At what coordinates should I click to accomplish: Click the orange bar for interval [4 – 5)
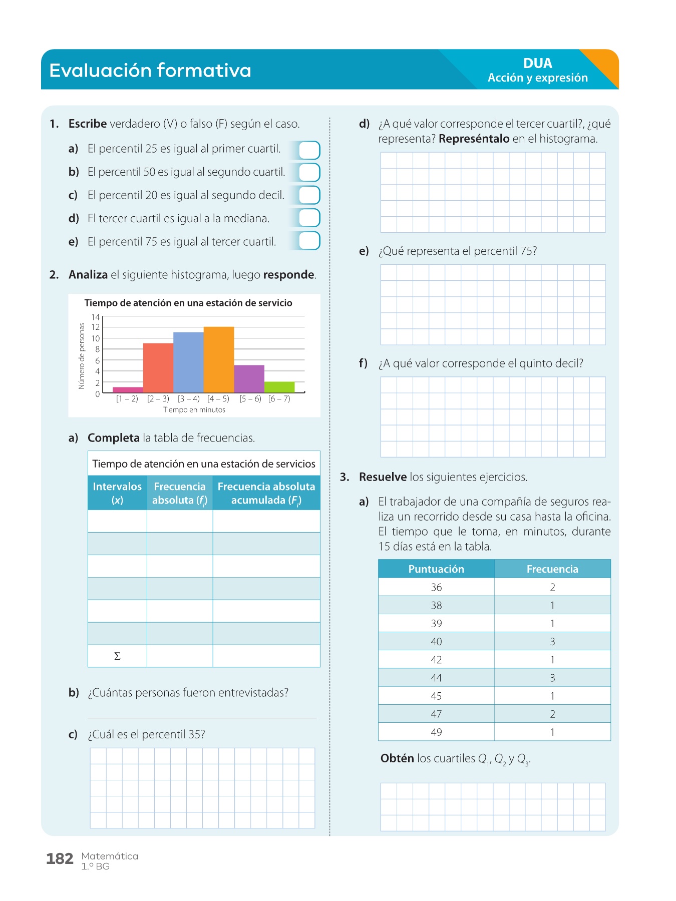(219, 359)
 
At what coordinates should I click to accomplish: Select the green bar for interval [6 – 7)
(279, 387)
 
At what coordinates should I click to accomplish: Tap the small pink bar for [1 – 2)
(128, 389)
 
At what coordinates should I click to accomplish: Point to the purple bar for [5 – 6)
(249, 379)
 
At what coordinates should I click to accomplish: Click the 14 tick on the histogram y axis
(95, 317)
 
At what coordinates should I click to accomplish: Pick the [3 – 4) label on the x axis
(188, 399)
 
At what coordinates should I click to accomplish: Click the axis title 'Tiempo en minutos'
(194, 410)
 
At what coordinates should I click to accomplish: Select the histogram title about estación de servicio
(188, 303)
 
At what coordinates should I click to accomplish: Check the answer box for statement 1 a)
(309, 150)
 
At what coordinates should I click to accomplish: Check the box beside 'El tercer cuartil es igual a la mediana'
(309, 218)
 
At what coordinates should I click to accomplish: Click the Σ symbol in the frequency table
(117, 656)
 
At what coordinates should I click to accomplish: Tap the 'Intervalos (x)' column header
(117, 493)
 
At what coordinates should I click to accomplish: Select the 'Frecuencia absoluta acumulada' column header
(266, 493)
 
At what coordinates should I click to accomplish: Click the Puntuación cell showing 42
(436, 660)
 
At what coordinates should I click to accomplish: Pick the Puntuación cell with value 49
(436, 732)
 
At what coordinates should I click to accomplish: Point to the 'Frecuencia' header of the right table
(552, 569)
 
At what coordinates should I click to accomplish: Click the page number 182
(60, 859)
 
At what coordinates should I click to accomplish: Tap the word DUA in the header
(538, 63)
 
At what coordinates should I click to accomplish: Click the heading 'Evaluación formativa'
(150, 70)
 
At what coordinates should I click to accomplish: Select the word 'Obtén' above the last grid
(397, 758)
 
